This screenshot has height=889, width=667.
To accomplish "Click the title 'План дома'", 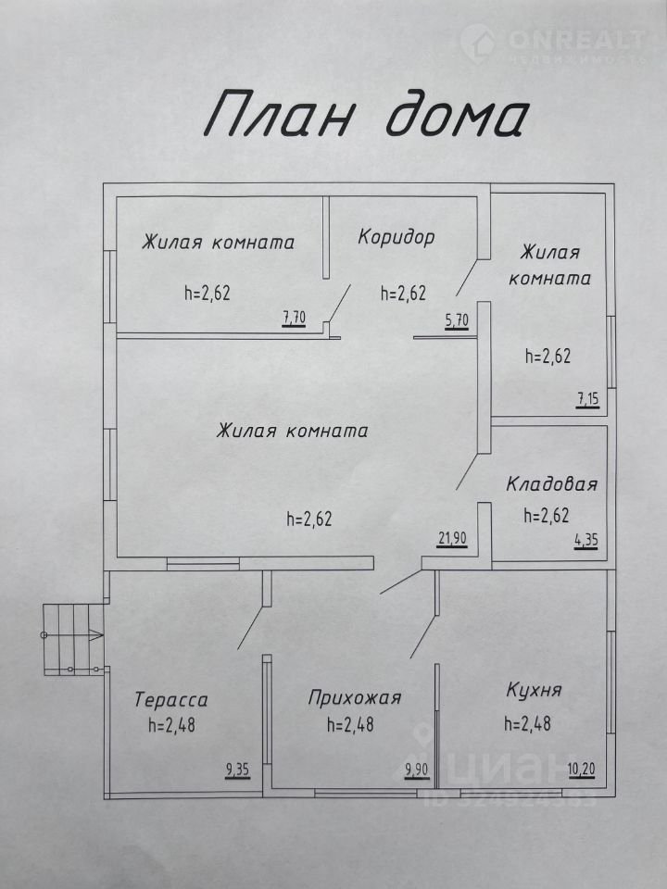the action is [367, 113].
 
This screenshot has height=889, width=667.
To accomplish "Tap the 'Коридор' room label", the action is [396, 236].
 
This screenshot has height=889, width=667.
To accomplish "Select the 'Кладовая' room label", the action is [551, 484].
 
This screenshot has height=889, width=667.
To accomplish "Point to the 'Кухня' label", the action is [534, 691].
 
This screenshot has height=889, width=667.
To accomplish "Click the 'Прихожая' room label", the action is [355, 697].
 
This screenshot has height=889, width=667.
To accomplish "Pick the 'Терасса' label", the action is [171, 700].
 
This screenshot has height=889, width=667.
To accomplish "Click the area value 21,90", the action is [452, 538].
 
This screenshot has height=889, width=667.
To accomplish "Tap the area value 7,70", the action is [294, 319].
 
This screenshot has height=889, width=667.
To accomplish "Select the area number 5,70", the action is [457, 320].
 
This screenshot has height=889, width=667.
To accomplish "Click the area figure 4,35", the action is [586, 540].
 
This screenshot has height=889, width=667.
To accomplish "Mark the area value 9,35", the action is [238, 770].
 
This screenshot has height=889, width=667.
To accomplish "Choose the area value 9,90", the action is [416, 770].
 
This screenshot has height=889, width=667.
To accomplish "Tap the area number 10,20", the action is [582, 770].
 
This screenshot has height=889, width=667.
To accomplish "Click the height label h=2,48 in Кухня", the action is [527, 723].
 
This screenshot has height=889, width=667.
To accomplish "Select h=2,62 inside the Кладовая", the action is [547, 516].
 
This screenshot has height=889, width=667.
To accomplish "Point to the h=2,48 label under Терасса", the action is [171, 725].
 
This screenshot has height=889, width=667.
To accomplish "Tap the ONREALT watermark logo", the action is [553, 43].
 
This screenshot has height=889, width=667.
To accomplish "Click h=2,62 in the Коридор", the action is [403, 294].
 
